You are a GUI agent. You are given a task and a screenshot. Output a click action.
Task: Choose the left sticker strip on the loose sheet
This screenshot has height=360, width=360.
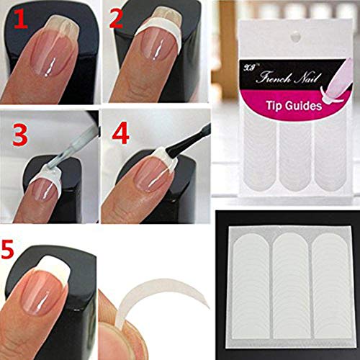(x=246, y=288)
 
